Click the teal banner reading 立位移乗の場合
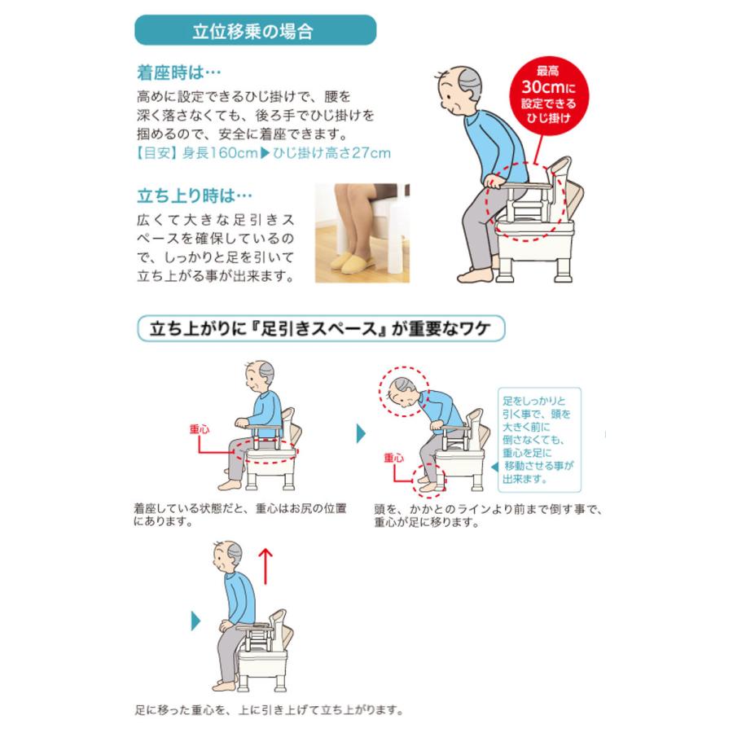254,31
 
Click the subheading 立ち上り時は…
194,195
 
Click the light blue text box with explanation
538,441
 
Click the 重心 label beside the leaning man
393,459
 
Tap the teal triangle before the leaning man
361,432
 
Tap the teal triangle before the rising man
195,621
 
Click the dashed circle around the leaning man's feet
429,481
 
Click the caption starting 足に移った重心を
269,709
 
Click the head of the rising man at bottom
228,557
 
